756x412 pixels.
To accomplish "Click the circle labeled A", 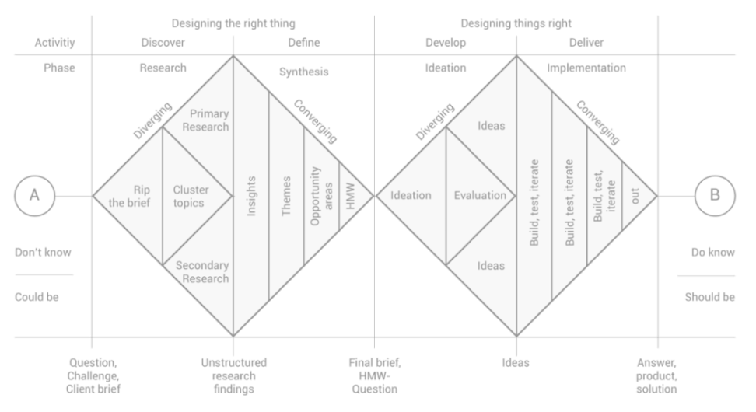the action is (x=35, y=176).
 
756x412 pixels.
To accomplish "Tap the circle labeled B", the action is (x=715, y=176).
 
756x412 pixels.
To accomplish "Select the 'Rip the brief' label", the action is (x=129, y=196).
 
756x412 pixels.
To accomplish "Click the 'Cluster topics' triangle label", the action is (x=191, y=196).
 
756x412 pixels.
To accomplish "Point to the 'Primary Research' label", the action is (x=205, y=120).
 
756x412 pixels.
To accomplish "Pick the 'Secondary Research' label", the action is (x=202, y=272).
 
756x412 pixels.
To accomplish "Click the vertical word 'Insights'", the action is (x=251, y=196).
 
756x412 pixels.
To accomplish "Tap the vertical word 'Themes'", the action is (x=286, y=196).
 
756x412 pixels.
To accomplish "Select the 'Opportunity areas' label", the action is (x=321, y=196).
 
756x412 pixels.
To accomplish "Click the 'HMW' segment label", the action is (x=351, y=196).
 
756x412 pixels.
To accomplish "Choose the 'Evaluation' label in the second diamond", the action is (x=480, y=196).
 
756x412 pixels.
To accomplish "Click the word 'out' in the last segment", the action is (x=635, y=196).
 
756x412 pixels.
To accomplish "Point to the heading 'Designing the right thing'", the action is (x=233, y=23).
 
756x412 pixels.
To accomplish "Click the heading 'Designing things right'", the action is (x=516, y=23).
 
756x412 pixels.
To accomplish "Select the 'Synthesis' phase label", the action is (x=304, y=72).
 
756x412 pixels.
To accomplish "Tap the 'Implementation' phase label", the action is (x=586, y=68).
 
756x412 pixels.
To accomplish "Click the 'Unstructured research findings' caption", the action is (x=234, y=376).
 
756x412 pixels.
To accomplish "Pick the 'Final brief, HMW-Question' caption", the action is (x=375, y=376).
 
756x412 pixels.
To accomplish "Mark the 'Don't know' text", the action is (x=43, y=253).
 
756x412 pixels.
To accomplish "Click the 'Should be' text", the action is (x=709, y=297).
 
